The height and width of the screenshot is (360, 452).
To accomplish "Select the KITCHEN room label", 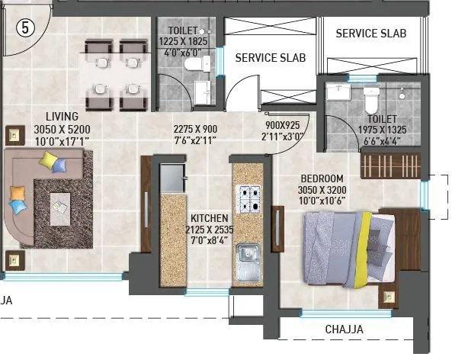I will point(209,217).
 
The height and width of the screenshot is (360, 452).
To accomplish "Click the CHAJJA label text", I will point(344,329).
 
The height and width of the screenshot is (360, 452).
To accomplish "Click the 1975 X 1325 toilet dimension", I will point(380,130).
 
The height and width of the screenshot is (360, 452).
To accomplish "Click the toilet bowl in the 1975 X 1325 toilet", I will point(370,100).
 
